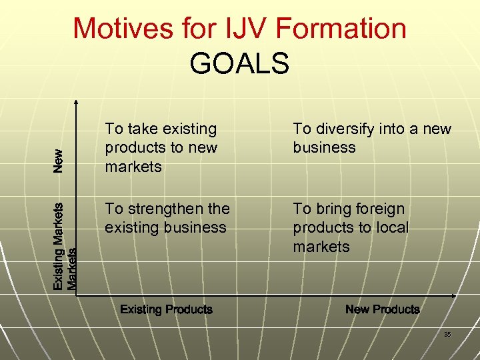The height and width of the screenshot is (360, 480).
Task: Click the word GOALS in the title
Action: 239,63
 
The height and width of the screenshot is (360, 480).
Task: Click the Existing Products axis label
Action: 166,309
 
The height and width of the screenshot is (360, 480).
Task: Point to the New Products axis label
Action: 383,309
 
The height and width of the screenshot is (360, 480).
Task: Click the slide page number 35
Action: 447,335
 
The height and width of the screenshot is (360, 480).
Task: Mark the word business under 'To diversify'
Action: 324,148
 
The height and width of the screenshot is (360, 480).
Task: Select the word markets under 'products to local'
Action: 321,247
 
